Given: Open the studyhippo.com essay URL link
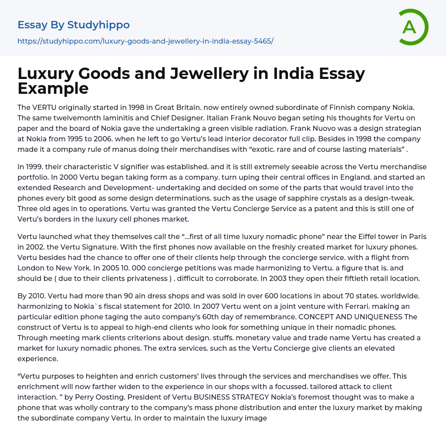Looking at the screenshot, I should (145, 41).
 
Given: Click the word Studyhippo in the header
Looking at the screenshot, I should (98, 25).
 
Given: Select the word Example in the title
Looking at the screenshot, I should (53, 88).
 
